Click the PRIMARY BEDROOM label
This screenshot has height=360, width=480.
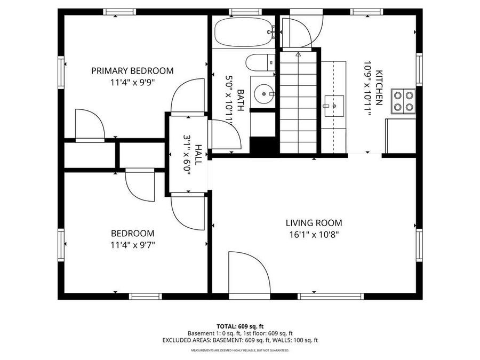[132, 71]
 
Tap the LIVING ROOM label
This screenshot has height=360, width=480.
[314, 223]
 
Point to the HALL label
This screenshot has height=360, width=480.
[198, 154]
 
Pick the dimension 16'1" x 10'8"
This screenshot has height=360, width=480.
[314, 234]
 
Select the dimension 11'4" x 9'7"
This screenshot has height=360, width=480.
[133, 245]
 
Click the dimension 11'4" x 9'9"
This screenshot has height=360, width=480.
[132, 82]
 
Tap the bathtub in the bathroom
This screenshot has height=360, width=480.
[243, 33]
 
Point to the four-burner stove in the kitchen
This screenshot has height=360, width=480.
[403, 101]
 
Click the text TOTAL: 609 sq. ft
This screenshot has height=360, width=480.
[240, 326]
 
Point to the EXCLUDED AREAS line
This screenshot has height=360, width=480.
[240, 340]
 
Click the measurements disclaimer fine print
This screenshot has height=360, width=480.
[240, 350]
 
